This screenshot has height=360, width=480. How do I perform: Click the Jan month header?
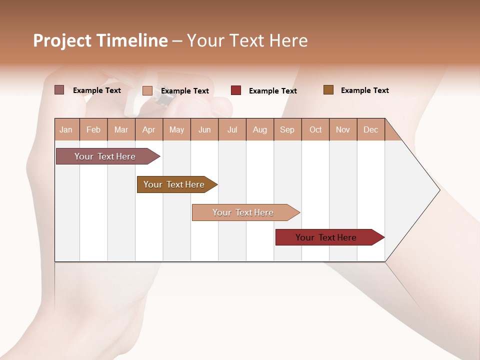click(x=66, y=129)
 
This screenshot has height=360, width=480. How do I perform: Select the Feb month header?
click(x=93, y=129)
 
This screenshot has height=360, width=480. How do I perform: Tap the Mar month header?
click(x=121, y=129)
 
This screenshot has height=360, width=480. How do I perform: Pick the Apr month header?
click(x=149, y=129)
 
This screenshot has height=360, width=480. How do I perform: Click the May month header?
click(x=176, y=129)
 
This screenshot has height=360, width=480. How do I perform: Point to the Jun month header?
click(x=204, y=129)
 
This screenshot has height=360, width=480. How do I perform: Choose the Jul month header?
click(x=232, y=129)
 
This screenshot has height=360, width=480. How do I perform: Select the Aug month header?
click(x=260, y=129)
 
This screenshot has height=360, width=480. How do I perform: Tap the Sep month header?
click(x=287, y=129)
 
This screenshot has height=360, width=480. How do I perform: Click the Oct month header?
click(x=315, y=129)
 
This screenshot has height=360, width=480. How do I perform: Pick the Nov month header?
click(x=343, y=129)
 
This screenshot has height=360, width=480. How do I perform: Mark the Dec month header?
click(x=371, y=129)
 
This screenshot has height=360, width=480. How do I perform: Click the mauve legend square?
click(x=59, y=90)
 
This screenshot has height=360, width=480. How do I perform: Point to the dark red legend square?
click(x=236, y=90)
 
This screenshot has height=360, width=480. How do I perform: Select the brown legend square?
click(x=328, y=90)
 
